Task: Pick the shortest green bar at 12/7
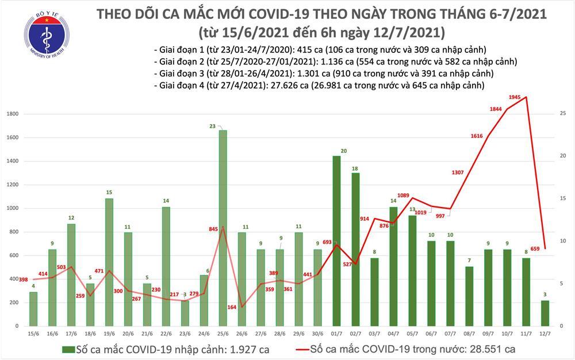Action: point(545,313)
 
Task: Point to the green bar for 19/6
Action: point(109,262)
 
